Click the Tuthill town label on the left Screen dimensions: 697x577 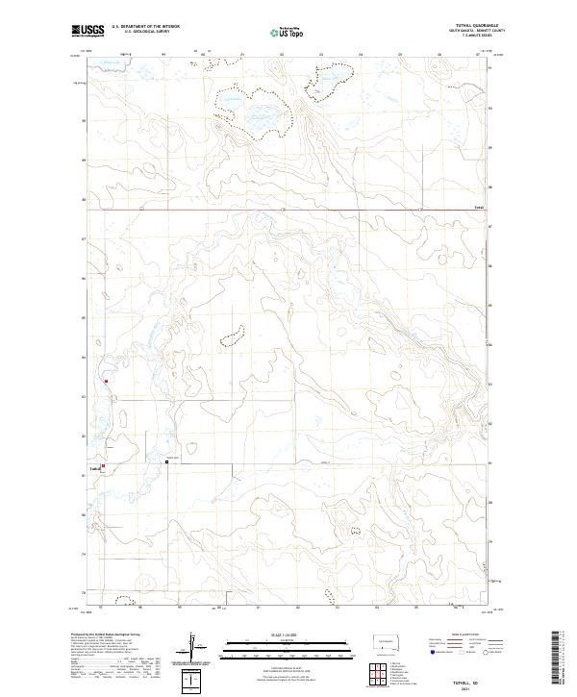tap(93, 469)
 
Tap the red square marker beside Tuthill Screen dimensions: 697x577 tap(104, 469)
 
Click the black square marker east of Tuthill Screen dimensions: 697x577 tap(166, 461)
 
